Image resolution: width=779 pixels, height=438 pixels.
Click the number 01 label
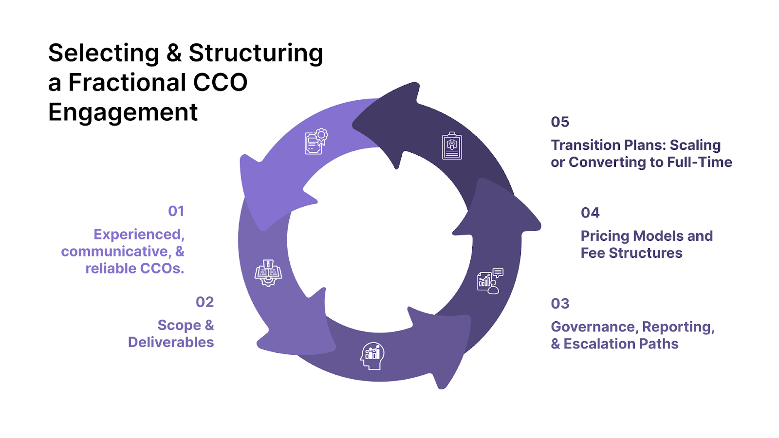[176, 211]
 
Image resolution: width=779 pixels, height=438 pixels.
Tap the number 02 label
[204, 302]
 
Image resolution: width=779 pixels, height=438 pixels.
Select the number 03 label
[560, 304]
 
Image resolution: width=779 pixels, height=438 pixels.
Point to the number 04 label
[590, 213]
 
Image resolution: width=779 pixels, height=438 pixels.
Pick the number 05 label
[560, 122]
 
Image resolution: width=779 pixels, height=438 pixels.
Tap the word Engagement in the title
[123, 112]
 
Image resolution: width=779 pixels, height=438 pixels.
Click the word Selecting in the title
[104, 53]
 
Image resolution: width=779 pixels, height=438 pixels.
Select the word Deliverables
[171, 342]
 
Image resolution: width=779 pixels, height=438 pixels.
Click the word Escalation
[600, 344]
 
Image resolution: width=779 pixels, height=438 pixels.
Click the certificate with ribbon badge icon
[316, 141]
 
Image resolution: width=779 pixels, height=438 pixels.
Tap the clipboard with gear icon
[452, 146]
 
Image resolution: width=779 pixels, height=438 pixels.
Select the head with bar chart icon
[372, 356]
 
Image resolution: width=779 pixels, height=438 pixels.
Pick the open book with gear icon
[268, 273]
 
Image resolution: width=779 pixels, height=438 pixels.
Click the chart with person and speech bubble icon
[490, 281]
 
